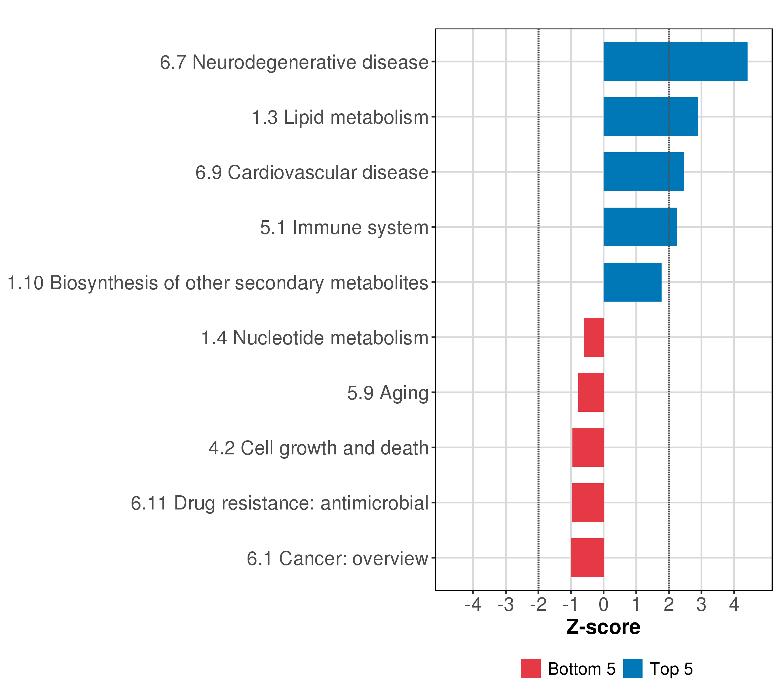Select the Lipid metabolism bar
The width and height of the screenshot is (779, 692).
650,116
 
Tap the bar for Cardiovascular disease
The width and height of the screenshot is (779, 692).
643,172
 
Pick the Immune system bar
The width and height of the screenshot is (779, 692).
640,227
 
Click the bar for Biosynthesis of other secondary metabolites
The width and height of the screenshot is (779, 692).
632,282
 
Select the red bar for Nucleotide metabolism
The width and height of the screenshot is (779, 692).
594,337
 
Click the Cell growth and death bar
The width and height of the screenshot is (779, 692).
588,447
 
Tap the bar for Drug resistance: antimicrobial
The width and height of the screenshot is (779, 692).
588,503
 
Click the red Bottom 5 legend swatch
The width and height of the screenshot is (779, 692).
531,669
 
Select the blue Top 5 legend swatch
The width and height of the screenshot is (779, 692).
633,669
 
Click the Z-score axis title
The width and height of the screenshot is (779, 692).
603,627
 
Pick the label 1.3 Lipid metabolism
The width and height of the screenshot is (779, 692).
340,117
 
